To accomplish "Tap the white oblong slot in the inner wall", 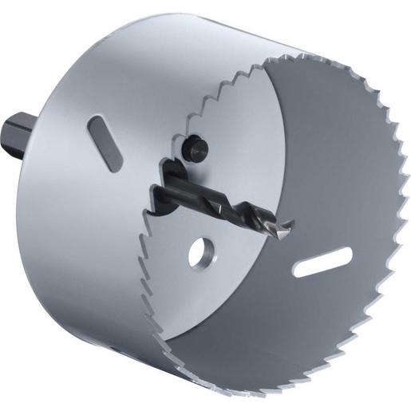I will (322, 263).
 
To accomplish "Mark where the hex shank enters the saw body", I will (38, 136).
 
